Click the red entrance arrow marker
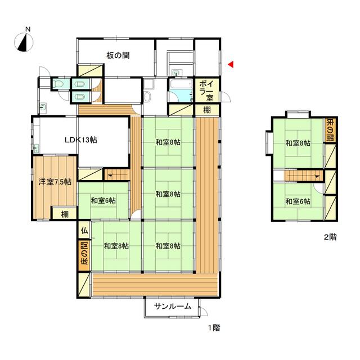(231, 65)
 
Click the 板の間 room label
(118, 55)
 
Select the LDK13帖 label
(81, 139)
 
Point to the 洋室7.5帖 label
(55, 182)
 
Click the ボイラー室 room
(206, 91)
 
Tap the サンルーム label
(173, 306)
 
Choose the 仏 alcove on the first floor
(84, 231)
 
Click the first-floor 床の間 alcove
(84, 255)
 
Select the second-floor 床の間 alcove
(330, 130)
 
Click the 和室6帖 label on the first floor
(103, 201)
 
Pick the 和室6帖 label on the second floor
(298, 201)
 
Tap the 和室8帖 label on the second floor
(298, 143)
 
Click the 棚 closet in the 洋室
(65, 214)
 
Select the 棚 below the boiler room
(207, 110)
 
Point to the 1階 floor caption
(214, 327)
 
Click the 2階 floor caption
(330, 237)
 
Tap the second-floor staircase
(303, 175)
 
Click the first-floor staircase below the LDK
(117, 175)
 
